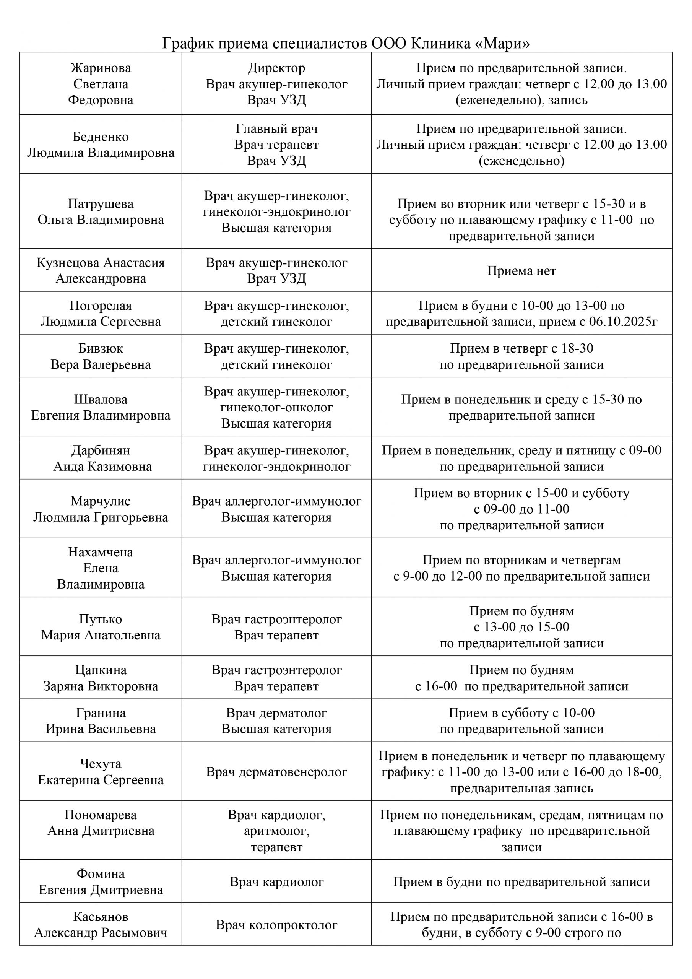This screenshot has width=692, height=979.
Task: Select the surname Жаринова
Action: click(x=101, y=68)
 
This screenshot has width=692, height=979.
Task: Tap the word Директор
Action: click(x=276, y=68)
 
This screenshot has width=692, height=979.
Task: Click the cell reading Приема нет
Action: click(x=521, y=271)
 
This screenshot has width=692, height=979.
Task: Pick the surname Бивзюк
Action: click(x=101, y=349)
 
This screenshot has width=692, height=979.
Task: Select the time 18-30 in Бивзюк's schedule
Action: click(x=577, y=349)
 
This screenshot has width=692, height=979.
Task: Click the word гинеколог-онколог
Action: click(x=276, y=408)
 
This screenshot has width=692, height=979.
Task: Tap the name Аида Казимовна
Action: click(x=102, y=467)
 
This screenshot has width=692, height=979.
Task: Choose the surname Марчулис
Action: click(x=101, y=501)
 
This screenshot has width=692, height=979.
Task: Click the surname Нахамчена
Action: click(x=101, y=552)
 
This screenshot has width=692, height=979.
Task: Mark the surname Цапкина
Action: click(x=101, y=670)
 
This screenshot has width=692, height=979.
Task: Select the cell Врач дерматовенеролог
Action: click(x=276, y=772)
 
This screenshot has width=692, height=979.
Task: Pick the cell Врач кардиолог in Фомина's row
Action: click(x=276, y=882)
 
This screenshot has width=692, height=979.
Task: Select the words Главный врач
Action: click(x=276, y=129)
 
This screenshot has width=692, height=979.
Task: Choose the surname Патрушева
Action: click(x=101, y=204)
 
